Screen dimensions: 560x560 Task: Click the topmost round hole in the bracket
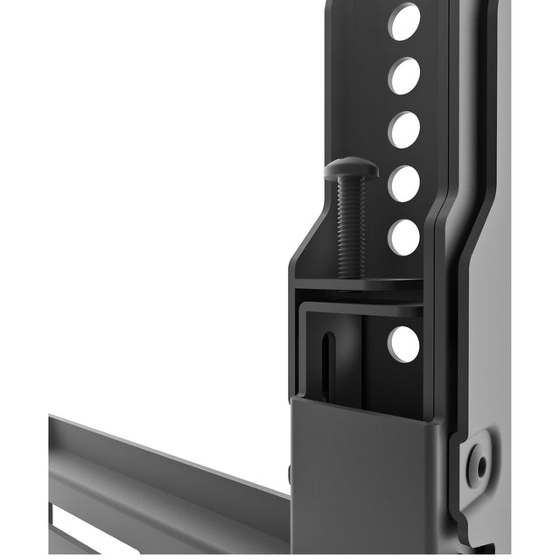pyautogui.click(x=403, y=23)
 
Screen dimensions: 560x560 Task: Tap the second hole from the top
pyautogui.click(x=403, y=76)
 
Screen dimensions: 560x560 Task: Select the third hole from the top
pyautogui.click(x=403, y=129)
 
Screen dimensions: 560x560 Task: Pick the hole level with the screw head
pyautogui.click(x=403, y=183)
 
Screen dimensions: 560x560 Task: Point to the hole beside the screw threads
pyautogui.click(x=403, y=236)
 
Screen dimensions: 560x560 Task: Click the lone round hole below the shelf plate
pyautogui.click(x=403, y=344)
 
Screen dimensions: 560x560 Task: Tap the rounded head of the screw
pyautogui.click(x=352, y=170)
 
